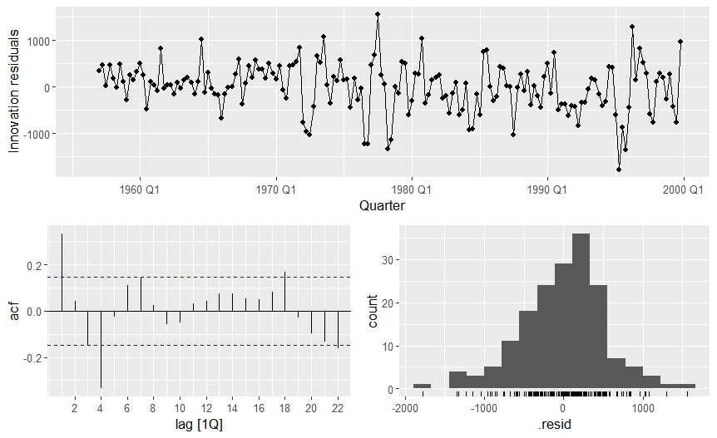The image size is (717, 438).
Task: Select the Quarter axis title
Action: (x=382, y=204)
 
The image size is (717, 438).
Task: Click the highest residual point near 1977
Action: (x=378, y=14)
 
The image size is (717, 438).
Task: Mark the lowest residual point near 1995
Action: (x=619, y=169)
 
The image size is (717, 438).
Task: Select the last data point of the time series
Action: (x=680, y=41)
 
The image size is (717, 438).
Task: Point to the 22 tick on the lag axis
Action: (x=337, y=408)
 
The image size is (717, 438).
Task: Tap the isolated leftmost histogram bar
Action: (x=422, y=386)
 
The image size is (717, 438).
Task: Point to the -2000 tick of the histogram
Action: (x=404, y=408)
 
